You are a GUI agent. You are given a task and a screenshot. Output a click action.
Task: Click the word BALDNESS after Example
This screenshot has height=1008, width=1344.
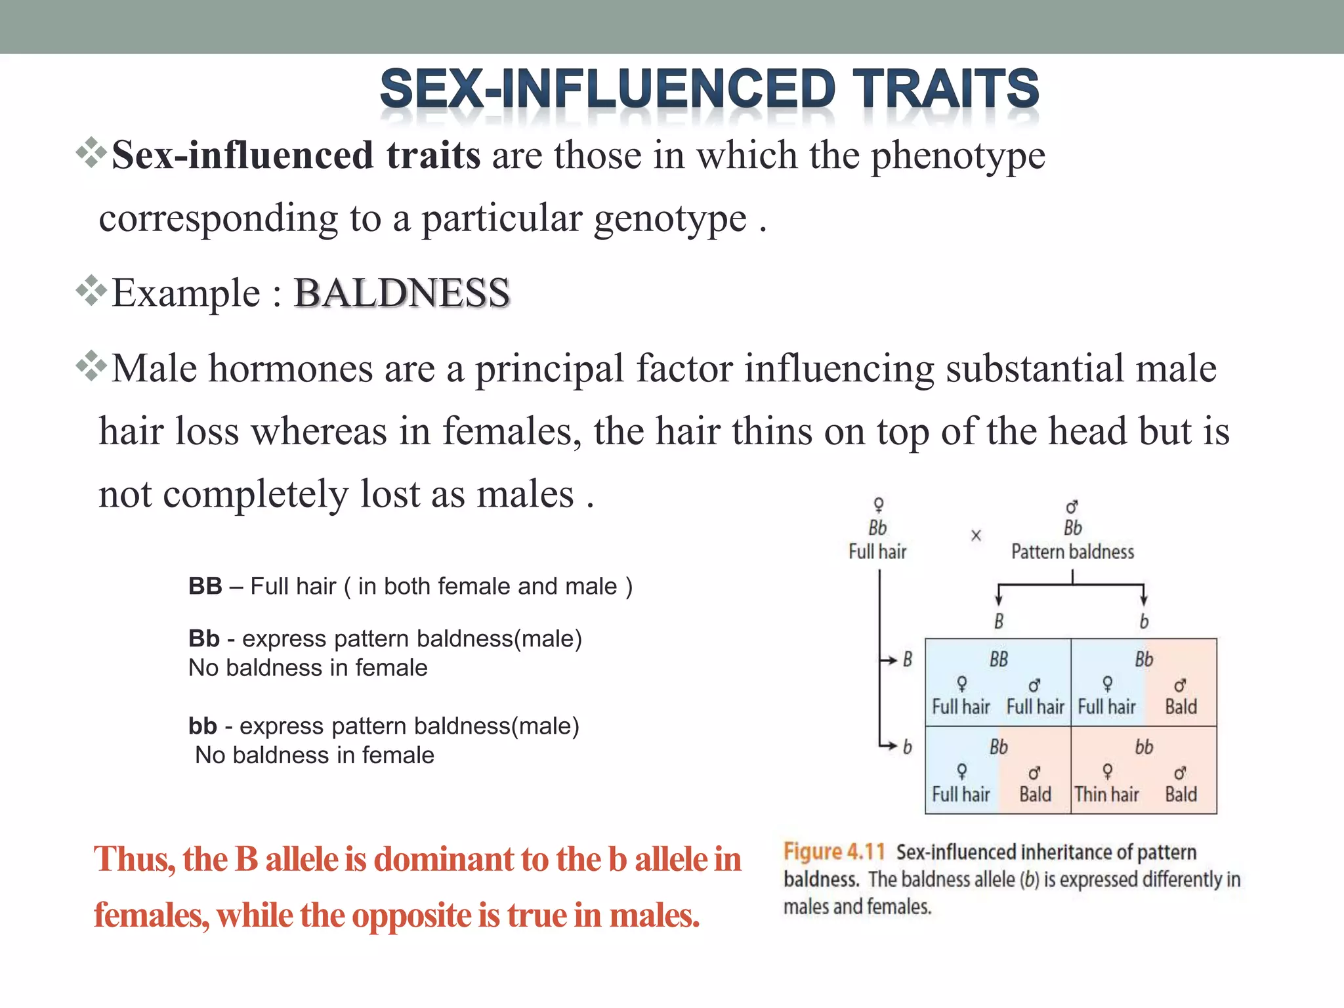[401, 293]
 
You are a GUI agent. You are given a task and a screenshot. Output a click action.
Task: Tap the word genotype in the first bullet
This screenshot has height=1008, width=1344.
[669, 218]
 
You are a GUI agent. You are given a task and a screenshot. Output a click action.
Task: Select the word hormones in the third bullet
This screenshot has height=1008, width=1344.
[289, 368]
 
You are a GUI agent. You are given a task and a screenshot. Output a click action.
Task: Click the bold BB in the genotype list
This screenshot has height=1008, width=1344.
[205, 586]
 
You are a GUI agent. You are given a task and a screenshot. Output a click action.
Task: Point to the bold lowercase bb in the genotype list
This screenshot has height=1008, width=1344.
[202, 726]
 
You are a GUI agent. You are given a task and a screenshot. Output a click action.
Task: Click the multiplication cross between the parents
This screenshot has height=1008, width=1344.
[976, 535]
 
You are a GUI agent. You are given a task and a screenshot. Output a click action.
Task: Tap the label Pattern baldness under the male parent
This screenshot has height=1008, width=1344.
[1072, 552]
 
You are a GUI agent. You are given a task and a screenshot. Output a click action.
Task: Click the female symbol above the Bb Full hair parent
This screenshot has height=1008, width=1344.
[878, 505]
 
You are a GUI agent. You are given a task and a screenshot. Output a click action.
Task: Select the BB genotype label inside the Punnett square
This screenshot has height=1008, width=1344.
[998, 660]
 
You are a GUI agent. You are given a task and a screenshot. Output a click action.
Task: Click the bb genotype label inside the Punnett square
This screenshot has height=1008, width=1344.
[1144, 747]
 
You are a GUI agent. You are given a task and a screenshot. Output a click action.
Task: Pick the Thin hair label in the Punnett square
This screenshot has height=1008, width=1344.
[1106, 795]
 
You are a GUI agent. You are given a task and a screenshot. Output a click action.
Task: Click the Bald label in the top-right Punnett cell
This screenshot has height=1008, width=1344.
[1181, 707]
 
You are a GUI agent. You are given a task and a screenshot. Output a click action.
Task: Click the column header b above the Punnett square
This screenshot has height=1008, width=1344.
[1144, 621]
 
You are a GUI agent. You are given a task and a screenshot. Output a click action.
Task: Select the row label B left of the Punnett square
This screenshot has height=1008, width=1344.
[907, 660]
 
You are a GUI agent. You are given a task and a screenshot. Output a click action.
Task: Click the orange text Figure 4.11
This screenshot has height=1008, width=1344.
[834, 852]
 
